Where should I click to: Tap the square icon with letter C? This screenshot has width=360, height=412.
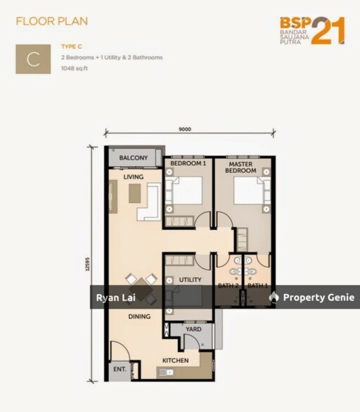pyautogui.click(x=33, y=59)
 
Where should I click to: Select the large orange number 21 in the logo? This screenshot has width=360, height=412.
pyautogui.click(x=328, y=31)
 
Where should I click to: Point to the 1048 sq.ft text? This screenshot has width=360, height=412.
pyautogui.click(x=77, y=69)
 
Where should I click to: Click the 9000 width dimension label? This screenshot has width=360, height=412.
pyautogui.click(x=185, y=129)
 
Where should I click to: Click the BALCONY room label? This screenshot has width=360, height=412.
pyautogui.click(x=134, y=158)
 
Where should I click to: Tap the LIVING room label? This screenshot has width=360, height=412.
pyautogui.click(x=134, y=177)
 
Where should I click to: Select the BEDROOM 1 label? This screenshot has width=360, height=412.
pyautogui.click(x=188, y=163)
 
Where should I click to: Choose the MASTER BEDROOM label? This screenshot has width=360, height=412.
pyautogui.click(x=240, y=167)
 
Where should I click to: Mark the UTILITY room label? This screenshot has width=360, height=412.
pyautogui.click(x=190, y=280)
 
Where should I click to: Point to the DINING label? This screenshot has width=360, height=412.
pyautogui.click(x=139, y=316)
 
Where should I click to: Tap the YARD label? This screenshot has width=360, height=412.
pyautogui.click(x=193, y=329)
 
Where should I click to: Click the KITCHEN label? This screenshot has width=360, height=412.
pyautogui.click(x=176, y=361)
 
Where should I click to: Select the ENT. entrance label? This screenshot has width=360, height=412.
pyautogui.click(x=118, y=369)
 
